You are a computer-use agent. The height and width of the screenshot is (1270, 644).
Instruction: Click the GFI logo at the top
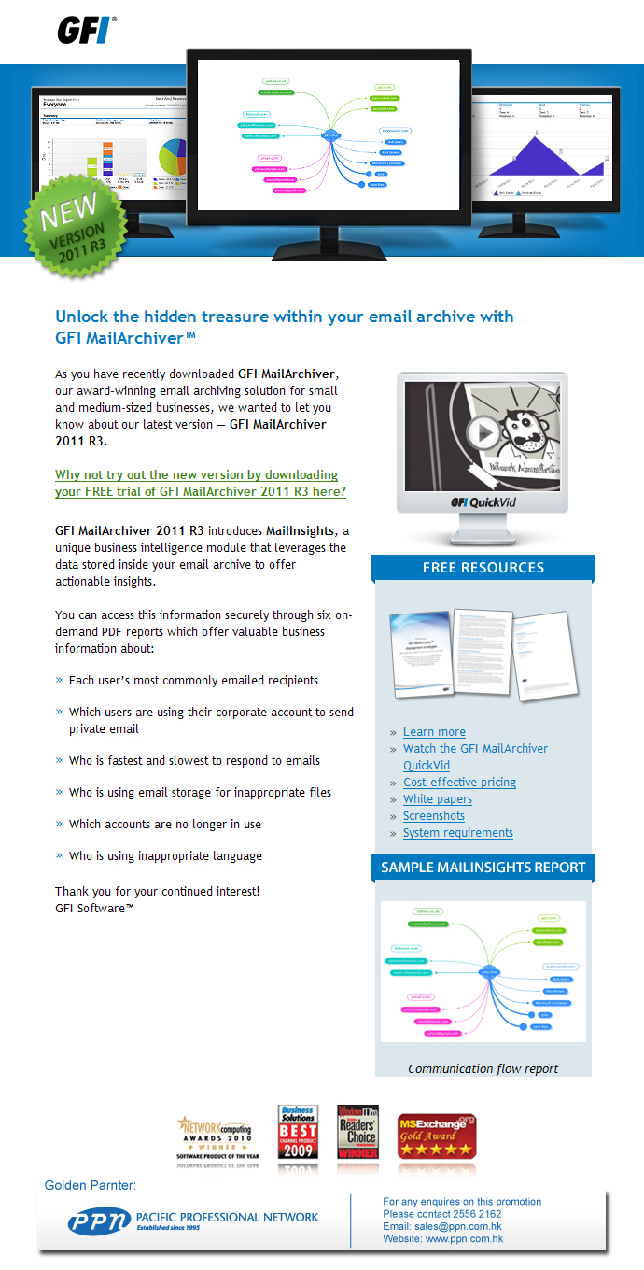[x=87, y=30]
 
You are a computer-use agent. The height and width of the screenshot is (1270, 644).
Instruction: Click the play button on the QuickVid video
[x=483, y=432]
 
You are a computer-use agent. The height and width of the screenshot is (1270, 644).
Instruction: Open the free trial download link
[x=200, y=483]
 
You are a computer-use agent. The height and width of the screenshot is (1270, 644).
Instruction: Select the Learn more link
[x=434, y=732]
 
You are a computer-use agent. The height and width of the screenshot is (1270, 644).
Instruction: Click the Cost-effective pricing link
[x=459, y=783]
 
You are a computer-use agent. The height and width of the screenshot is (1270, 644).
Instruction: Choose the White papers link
[x=437, y=799]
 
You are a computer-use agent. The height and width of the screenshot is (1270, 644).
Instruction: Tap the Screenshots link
[x=433, y=816]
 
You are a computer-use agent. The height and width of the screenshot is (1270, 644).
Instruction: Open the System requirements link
[x=457, y=833]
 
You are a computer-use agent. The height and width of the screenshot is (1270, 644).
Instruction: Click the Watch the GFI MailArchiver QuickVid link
[x=474, y=749]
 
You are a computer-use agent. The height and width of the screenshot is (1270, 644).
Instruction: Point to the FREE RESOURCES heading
[x=483, y=568]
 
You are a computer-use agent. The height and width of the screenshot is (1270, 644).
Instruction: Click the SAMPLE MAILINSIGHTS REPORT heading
[x=483, y=868]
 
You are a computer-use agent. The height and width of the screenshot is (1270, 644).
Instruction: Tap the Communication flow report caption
[x=483, y=1069]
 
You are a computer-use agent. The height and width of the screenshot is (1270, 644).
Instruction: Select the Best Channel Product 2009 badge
[x=298, y=1132]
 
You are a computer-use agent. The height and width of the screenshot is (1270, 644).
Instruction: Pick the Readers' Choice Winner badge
[x=357, y=1132]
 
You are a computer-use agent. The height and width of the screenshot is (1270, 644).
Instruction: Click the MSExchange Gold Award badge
[x=437, y=1136]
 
